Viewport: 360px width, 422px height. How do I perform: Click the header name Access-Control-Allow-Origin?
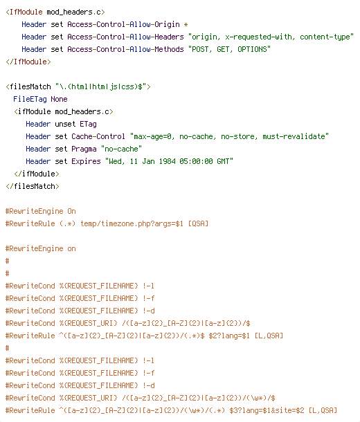(123, 24)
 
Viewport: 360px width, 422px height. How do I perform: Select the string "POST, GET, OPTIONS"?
(229, 49)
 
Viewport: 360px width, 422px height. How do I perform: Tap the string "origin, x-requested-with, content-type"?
(271, 37)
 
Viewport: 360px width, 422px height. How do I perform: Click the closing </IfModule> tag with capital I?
(28, 62)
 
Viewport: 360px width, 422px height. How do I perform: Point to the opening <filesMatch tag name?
(28, 86)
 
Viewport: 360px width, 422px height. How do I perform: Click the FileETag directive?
(30, 99)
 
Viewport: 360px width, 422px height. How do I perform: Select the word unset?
(65, 124)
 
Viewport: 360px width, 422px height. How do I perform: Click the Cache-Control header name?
(98, 136)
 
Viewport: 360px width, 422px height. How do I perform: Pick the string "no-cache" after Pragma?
(121, 149)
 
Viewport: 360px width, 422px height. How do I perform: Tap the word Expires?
(86, 161)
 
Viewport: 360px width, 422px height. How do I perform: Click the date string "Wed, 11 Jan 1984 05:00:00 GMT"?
(169, 161)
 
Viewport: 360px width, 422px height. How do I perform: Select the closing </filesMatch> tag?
(33, 186)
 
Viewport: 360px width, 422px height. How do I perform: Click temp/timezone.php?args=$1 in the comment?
(132, 223)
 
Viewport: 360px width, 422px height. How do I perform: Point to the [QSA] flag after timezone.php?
(198, 223)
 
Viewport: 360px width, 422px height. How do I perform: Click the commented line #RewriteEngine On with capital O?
(41, 211)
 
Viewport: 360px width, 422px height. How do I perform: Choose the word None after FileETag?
(59, 99)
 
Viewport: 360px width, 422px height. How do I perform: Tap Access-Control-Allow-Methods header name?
(125, 49)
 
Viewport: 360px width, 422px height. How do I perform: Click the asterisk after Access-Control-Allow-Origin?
(186, 25)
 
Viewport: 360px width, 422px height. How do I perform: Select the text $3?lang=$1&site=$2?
(267, 410)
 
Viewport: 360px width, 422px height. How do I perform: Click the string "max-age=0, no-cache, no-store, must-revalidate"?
(229, 136)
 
